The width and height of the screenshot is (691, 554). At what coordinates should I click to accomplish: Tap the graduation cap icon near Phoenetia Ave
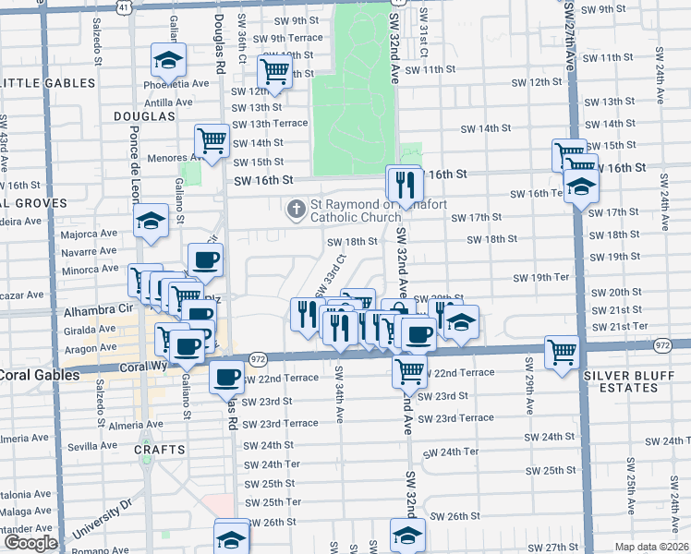[x=169, y=61]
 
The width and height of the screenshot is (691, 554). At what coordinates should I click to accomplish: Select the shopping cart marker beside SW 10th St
[x=274, y=71]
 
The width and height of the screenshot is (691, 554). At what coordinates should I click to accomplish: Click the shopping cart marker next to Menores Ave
[x=212, y=141]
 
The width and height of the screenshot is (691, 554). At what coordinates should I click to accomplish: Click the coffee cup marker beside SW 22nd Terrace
[x=226, y=377]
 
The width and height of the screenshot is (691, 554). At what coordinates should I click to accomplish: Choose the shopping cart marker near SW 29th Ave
[x=562, y=352]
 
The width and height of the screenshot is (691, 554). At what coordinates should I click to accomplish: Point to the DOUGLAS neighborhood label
[x=144, y=116]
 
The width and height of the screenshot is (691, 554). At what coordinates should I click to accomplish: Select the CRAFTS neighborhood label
[x=160, y=450]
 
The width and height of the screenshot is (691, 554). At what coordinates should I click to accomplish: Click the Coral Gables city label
[x=28, y=374]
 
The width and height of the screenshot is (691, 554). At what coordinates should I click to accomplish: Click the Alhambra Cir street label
[x=95, y=311]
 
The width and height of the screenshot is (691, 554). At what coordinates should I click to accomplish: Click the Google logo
[x=30, y=543]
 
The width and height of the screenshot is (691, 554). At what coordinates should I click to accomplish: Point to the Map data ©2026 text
[x=652, y=547]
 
